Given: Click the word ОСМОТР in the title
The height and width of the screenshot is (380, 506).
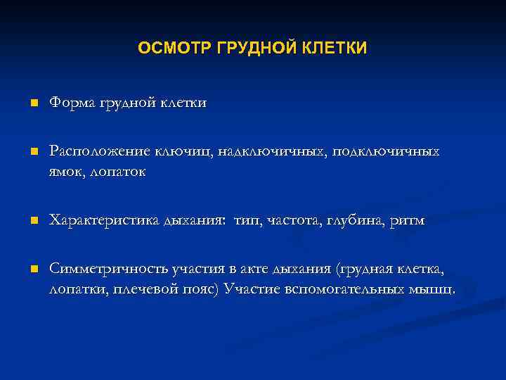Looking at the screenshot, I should tap(168, 48).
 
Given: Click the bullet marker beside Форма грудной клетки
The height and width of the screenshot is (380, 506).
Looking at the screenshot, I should tap(32, 103).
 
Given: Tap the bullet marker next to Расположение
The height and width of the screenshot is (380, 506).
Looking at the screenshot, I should tap(32, 152).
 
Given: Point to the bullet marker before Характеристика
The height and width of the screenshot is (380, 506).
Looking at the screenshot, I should tap(32, 222).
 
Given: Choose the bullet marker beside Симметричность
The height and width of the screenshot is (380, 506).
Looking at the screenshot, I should tap(32, 270).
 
